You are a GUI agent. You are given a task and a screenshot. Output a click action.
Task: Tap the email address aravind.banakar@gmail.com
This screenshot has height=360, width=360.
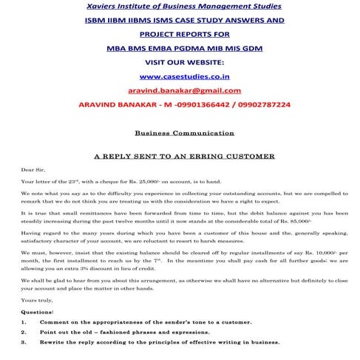click(180, 91)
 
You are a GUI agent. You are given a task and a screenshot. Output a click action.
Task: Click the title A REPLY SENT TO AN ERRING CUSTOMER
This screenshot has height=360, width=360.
click(180, 157)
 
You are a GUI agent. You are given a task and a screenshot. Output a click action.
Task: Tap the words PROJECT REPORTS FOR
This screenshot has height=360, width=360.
click(179, 34)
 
